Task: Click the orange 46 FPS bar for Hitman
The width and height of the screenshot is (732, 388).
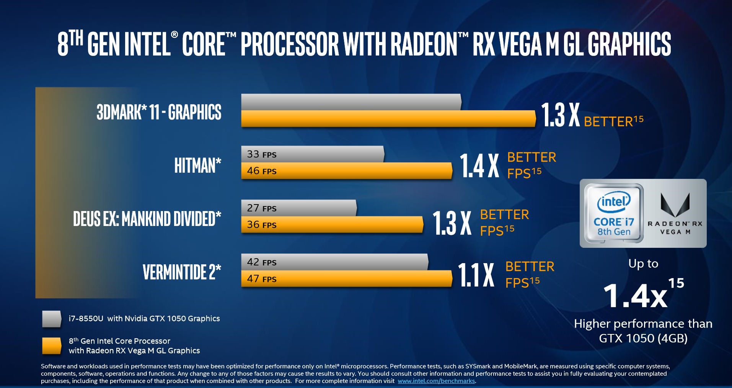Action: point(346,171)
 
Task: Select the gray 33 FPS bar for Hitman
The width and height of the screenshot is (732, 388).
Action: point(312,154)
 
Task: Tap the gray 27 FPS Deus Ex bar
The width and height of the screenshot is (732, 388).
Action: point(298,208)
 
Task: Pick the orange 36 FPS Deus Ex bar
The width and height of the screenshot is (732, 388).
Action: point(332,224)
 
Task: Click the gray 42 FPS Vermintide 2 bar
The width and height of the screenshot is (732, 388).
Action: point(334,262)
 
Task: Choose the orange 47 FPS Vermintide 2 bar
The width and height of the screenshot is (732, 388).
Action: point(346,279)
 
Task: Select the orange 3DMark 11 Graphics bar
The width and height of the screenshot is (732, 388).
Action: point(388,119)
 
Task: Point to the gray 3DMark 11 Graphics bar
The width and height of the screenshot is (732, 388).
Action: point(351,102)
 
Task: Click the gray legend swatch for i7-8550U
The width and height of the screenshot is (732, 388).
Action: point(52,319)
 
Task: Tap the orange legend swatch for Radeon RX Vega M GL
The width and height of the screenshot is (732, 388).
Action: point(52,345)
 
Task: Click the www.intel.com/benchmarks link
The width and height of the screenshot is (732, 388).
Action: point(436,381)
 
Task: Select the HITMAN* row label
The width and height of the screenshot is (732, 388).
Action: point(198,165)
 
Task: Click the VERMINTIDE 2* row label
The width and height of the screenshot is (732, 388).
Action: point(182,272)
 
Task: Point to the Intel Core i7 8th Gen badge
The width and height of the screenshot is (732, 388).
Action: point(614,213)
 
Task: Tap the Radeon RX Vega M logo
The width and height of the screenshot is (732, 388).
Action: point(675,213)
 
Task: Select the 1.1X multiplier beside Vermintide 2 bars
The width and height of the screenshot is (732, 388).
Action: point(476,275)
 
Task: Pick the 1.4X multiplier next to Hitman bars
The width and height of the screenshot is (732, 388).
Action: point(479,165)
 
